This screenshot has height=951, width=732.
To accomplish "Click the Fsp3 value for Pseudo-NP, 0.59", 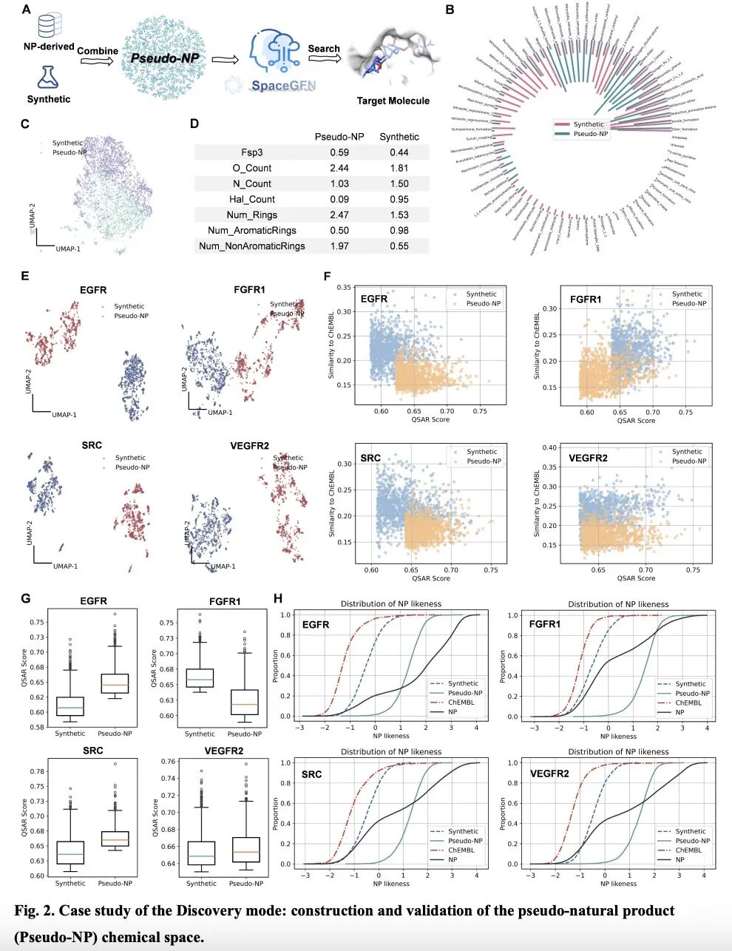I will tap(339, 152).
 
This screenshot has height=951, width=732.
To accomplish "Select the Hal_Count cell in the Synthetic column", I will tap(399, 199).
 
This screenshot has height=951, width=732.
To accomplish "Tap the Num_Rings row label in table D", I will tap(254, 214).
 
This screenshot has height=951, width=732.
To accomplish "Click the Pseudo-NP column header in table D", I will tap(339, 137).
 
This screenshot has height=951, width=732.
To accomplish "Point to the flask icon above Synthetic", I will tap(48, 77).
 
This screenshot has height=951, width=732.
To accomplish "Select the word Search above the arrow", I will tap(324, 49).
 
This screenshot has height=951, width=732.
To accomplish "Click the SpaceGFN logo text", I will tap(283, 86).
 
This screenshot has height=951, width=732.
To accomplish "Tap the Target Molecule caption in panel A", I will tap(393, 101).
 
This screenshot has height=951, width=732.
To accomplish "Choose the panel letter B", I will tap(450, 10).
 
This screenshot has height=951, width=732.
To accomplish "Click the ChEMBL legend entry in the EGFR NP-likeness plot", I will tap(461, 703).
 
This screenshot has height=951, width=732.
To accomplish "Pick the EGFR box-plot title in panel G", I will tap(93, 601).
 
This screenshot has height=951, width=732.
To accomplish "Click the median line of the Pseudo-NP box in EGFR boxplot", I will tap(115, 685).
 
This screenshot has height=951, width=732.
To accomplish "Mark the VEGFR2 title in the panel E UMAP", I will tap(250, 446).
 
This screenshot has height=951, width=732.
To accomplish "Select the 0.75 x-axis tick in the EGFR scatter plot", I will tap(480, 411).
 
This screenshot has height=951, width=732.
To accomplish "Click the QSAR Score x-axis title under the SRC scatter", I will tap(430, 578).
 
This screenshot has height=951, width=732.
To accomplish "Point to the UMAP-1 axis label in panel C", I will tap(68, 249).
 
